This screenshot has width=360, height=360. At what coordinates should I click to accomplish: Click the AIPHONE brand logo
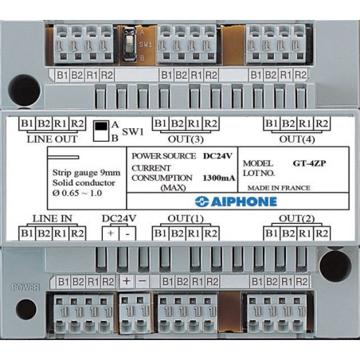click(236, 202)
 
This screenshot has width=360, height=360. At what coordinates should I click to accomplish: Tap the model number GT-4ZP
click(309, 163)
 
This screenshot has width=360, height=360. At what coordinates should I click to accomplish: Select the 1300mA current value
click(219, 178)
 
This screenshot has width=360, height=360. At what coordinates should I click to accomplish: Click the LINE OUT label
click(52, 139)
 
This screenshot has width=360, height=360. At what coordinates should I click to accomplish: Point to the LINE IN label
click(52, 218)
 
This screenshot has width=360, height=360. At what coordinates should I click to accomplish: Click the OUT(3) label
click(186, 139)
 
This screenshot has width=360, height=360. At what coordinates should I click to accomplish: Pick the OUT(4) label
click(297, 139)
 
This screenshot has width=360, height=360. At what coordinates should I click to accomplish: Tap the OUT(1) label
click(186, 219)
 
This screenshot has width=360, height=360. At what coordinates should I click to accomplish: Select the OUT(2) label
click(296, 219)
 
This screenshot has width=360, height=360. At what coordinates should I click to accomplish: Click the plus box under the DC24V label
click(111, 233)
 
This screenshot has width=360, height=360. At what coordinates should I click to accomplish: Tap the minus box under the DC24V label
click(127, 233)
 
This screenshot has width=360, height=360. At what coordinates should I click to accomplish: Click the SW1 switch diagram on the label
click(101, 131)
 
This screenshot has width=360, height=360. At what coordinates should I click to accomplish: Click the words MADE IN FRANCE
click(279, 188)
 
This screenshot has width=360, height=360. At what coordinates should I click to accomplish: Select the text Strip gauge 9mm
click(86, 173)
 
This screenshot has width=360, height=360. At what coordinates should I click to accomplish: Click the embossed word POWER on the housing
click(25, 288)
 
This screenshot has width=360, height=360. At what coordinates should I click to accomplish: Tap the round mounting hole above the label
click(24, 90)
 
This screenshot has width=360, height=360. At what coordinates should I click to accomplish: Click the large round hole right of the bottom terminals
click(335, 266)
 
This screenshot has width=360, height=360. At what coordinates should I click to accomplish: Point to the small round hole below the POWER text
click(26, 309)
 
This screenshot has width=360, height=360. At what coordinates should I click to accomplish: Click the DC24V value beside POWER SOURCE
click(217, 156)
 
